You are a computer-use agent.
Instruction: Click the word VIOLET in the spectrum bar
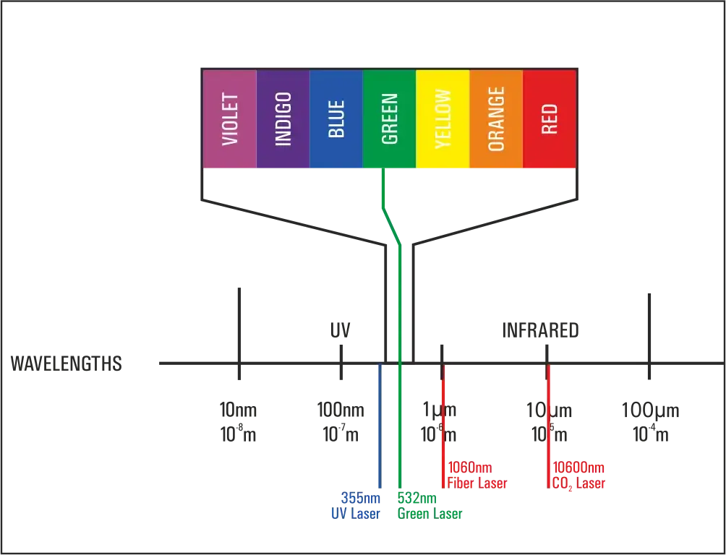[230, 119]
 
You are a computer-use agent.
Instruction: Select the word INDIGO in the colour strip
[283, 119]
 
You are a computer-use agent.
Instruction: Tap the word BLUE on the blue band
[336, 119]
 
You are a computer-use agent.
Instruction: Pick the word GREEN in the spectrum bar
[390, 119]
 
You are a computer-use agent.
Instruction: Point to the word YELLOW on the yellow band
[443, 119]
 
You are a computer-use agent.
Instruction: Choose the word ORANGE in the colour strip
[496, 119]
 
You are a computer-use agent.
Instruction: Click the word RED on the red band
[550, 119]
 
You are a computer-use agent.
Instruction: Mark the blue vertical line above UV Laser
[378, 434]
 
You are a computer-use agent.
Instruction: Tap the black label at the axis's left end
[65, 365]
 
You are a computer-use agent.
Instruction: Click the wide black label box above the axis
[541, 330]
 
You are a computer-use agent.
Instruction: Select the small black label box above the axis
[341, 330]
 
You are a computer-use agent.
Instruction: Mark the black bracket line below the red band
[499, 217]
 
